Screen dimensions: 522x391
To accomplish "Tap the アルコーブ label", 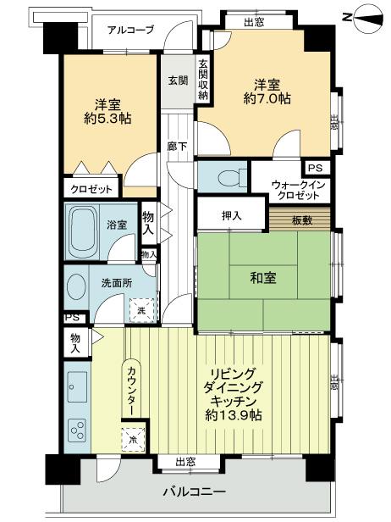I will click(130, 30).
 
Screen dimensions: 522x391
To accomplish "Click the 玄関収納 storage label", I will click(203, 80).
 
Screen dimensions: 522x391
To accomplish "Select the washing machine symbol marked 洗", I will click(143, 311).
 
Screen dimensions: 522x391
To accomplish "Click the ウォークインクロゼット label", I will click(295, 190).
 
